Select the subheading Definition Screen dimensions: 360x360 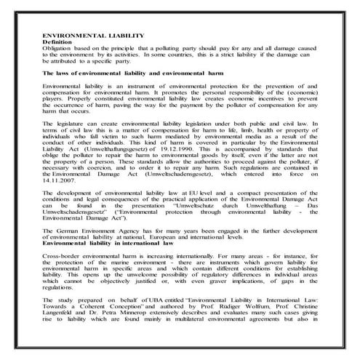click(x=61, y=42)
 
